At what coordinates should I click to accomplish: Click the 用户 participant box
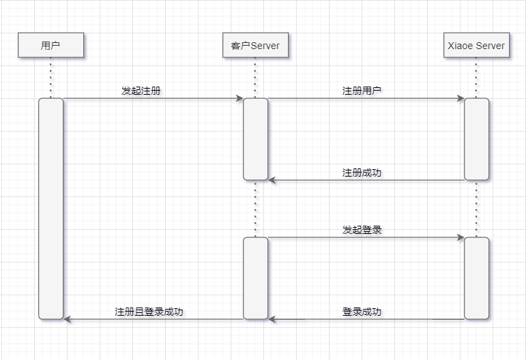click(x=50, y=46)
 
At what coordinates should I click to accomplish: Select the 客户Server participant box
click(x=255, y=46)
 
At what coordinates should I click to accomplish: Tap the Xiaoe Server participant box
click(x=476, y=46)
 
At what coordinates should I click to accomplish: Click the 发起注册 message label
click(x=141, y=91)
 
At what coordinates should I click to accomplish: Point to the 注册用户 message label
click(x=362, y=91)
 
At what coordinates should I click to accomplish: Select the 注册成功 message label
click(x=362, y=172)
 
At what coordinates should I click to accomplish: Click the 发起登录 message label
click(x=362, y=230)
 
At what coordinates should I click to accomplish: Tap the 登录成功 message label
click(x=362, y=312)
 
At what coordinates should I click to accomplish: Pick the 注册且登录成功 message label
click(x=149, y=312)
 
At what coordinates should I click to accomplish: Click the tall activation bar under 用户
click(x=50, y=208)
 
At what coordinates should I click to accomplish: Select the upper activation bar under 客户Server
click(x=255, y=139)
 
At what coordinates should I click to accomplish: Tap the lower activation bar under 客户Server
click(x=255, y=278)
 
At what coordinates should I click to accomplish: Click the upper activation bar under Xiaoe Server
click(x=476, y=139)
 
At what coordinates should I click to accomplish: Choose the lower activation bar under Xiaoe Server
click(x=476, y=278)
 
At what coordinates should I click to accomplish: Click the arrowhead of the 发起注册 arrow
click(x=239, y=99)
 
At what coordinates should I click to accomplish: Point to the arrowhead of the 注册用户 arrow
click(x=461, y=99)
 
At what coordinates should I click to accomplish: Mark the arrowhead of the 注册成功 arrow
click(x=272, y=181)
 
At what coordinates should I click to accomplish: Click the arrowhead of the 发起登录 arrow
click(x=461, y=238)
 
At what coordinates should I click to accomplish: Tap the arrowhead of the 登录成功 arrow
click(x=272, y=319)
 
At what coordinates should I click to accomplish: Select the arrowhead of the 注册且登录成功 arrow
click(x=68, y=319)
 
